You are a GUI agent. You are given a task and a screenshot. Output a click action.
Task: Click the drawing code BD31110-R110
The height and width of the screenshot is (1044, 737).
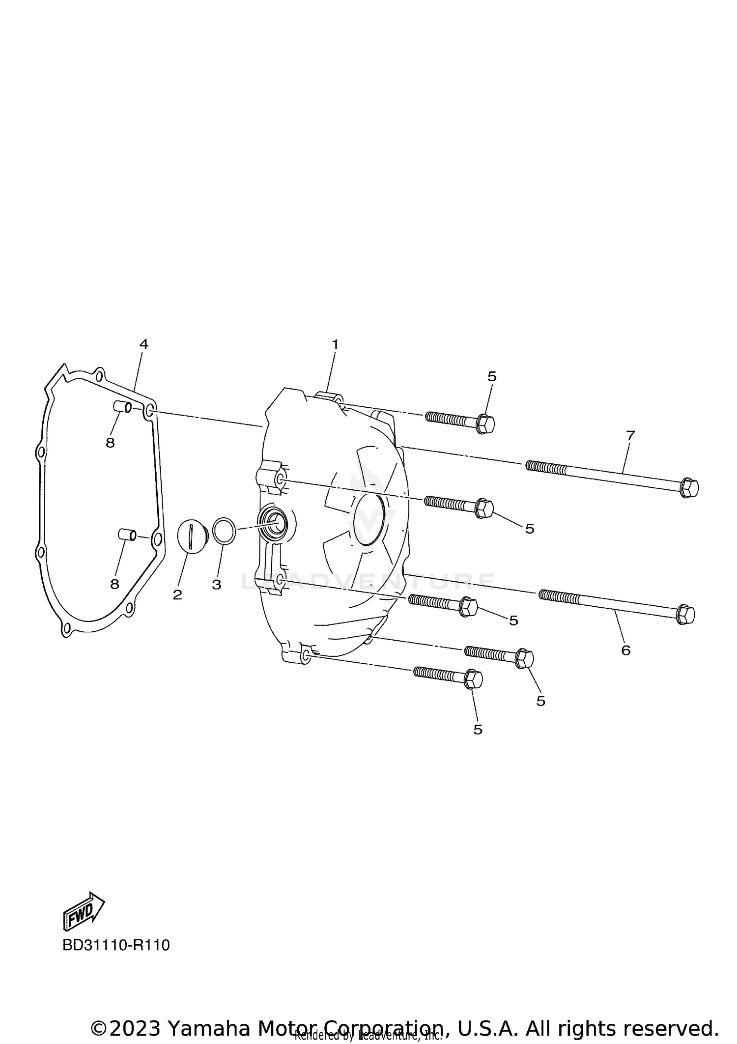click(116, 945)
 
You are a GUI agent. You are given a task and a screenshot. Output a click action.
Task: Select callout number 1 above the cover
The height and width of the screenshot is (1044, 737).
click(335, 344)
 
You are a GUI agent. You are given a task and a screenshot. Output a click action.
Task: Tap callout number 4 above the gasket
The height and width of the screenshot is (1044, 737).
click(143, 344)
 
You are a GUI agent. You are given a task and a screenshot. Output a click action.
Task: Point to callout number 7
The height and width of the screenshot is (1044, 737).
click(630, 435)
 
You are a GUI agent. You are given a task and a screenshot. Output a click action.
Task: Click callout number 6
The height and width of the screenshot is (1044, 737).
click(625, 650)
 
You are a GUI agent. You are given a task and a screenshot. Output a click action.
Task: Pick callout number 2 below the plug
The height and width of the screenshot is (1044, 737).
click(177, 595)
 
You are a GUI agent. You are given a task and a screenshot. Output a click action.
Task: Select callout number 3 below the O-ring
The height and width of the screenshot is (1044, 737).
click(217, 585)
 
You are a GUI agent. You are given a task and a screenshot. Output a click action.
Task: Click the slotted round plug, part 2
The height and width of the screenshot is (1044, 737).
click(191, 536)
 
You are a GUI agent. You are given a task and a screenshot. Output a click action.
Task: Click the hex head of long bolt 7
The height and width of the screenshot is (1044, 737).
click(689, 488)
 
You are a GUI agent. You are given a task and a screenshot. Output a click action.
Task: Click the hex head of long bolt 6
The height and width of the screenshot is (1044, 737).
click(685, 615)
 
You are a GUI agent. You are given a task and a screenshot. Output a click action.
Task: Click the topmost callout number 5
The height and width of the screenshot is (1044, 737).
click(492, 376)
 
